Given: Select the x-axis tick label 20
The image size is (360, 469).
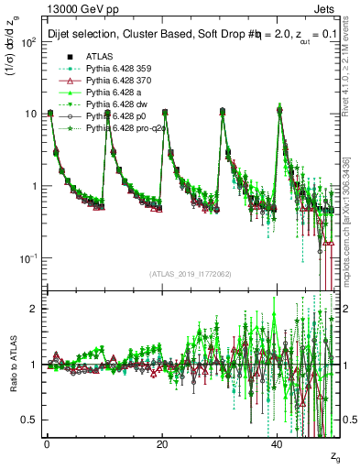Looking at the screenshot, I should click(x=161, y=443).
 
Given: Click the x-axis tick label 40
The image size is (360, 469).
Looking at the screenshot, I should click(x=277, y=443).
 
